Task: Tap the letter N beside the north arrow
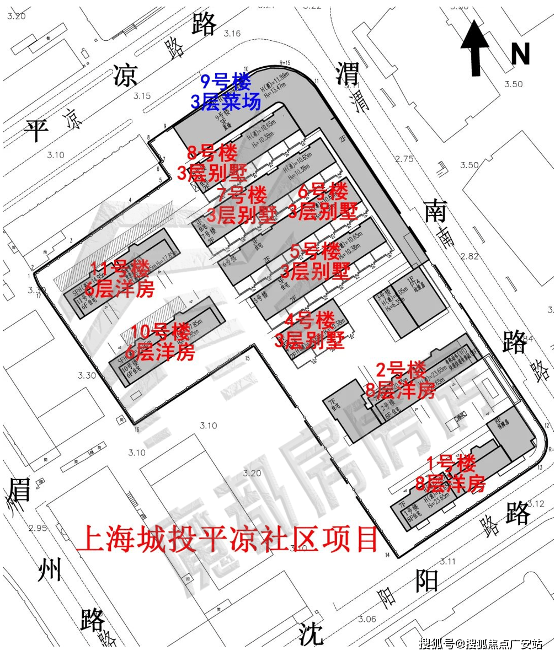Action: tap(520, 54)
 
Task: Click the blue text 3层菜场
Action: tap(225, 101)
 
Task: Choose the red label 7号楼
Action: tap(242, 195)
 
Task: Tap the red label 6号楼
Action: tap(323, 193)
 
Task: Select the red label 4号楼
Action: tap(310, 320)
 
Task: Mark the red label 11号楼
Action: tap(120, 270)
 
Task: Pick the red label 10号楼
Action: tap(157, 332)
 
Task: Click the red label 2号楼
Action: tap(401, 369)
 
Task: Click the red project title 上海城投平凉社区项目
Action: tap(227, 540)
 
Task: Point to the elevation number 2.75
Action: tap(404, 159)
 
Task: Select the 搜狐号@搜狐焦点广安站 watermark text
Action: tap(481, 643)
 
